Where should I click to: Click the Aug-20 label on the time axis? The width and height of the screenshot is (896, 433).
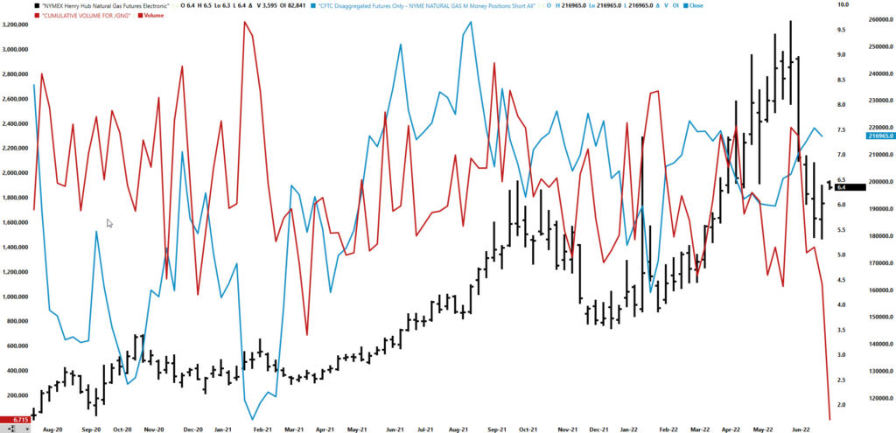[53, 430]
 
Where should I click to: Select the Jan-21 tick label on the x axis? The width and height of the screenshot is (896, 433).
[222, 430]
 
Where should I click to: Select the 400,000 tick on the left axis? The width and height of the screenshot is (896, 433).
[19, 371]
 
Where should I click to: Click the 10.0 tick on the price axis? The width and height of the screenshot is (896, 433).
[819, 5]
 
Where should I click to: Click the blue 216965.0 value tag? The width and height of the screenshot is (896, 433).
[878, 136]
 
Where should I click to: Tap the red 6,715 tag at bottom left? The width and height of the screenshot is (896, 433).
[14, 420]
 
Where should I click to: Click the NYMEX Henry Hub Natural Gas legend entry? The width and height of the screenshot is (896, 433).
[105, 6]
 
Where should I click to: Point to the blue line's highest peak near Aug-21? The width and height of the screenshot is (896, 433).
[472, 22]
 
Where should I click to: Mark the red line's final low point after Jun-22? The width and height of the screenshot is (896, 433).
[829, 419]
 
